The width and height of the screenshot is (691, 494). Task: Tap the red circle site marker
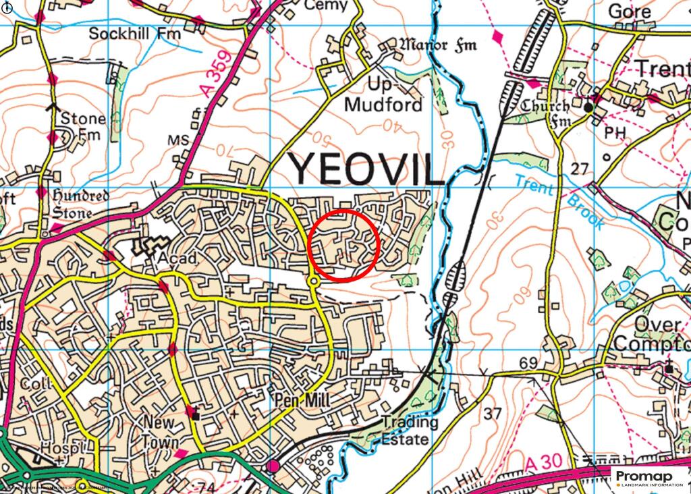point(344,245)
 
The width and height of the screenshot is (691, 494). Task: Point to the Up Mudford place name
point(383,95)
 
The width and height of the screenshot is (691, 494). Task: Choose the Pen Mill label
point(302,401)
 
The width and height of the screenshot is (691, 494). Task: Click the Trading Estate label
point(410,431)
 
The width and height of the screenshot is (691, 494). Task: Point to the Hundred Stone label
point(81,203)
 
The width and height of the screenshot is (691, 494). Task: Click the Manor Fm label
point(438,46)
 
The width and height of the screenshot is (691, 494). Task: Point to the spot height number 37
point(492,412)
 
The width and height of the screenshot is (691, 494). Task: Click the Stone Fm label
point(82,126)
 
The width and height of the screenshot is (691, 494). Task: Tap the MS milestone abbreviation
point(177,140)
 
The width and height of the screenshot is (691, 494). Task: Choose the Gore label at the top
point(630,11)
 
